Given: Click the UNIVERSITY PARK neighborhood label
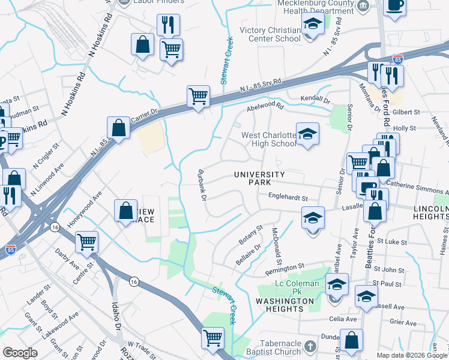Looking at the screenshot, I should coord(259,179).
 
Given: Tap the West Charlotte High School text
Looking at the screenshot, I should coord(268,139).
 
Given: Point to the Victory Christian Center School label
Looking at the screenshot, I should coord(270,34).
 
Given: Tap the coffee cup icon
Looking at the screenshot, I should coord(395,6).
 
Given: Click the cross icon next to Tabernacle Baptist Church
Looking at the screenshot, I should coord(310,347).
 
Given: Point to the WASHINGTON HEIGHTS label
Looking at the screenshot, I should coord(285,305).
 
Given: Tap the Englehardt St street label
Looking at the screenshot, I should coord(288,197).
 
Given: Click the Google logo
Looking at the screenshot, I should coord(20,352).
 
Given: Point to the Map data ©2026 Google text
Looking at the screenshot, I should coord(412,355).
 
